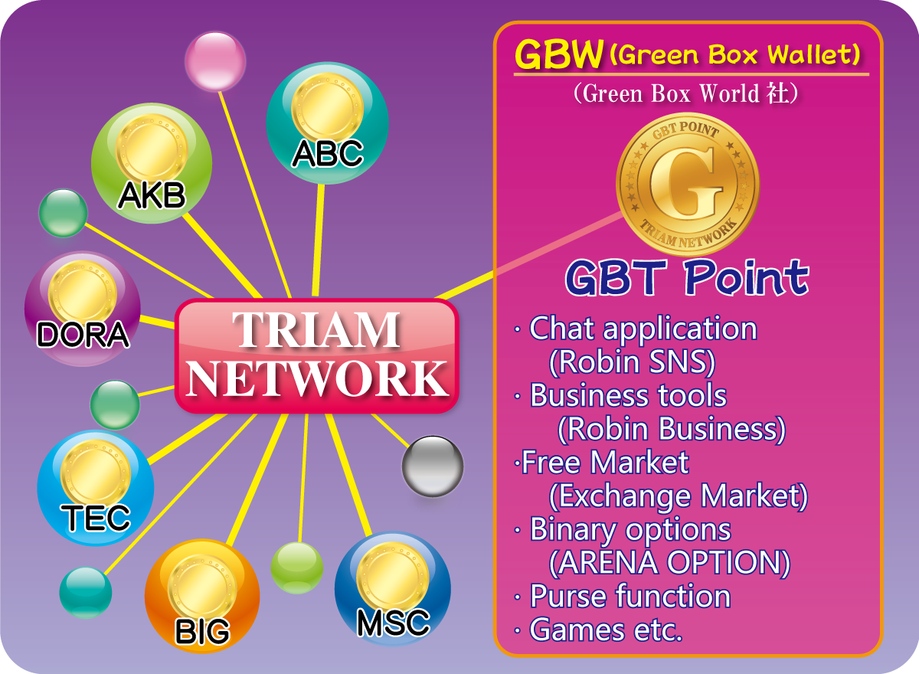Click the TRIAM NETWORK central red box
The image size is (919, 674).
pyautogui.click(x=317, y=355)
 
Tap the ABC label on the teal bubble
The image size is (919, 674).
pyautogui.click(x=328, y=153)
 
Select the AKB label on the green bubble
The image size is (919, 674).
pyautogui.click(x=152, y=195)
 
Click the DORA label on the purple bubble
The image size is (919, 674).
pyautogui.click(x=83, y=335)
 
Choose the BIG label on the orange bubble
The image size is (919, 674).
pyautogui.click(x=203, y=631)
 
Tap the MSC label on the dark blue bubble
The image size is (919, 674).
pyautogui.click(x=394, y=623)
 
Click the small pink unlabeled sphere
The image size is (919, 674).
pyautogui.click(x=215, y=61)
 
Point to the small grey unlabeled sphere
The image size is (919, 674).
pyautogui.click(x=433, y=466)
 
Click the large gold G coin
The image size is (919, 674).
pyautogui.click(x=688, y=185)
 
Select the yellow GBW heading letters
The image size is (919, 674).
pyautogui.click(x=559, y=54)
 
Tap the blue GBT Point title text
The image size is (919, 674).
pyautogui.click(x=687, y=278)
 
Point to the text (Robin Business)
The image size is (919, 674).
pyautogui.click(x=672, y=429)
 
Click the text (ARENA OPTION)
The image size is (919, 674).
pyautogui.click(x=669, y=563)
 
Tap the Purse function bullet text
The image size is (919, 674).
pyautogui.click(x=630, y=596)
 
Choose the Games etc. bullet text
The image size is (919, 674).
pyautogui.click(x=607, y=630)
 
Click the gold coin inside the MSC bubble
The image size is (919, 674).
pyautogui.click(x=393, y=577)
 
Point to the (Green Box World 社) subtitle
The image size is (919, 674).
pyautogui.click(x=685, y=94)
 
